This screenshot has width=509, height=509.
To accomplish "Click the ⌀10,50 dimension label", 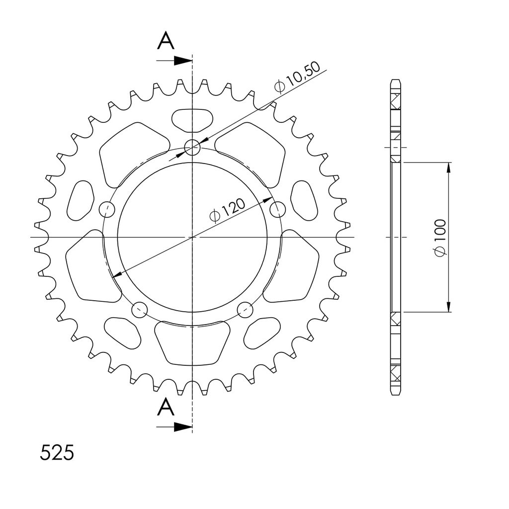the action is [297, 77].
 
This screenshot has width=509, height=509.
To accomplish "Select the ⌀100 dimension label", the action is [440, 238].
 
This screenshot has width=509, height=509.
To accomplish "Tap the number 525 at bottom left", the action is [57, 452].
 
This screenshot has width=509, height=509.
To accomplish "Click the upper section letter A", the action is [166, 41].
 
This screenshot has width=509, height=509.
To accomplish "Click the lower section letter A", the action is [166, 407].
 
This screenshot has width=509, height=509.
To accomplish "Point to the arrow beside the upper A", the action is [174, 60].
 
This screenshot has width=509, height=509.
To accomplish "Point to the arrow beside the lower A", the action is [174, 427].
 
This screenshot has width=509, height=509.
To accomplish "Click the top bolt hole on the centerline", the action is [192, 148].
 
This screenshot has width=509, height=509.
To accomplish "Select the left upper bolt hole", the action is [107, 210].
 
